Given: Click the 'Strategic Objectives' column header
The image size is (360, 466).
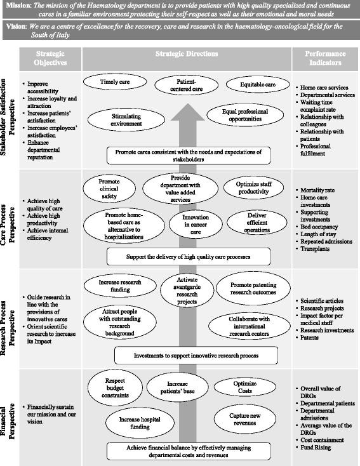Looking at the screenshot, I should [50, 59].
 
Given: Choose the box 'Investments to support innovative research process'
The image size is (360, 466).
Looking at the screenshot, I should [195, 355].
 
